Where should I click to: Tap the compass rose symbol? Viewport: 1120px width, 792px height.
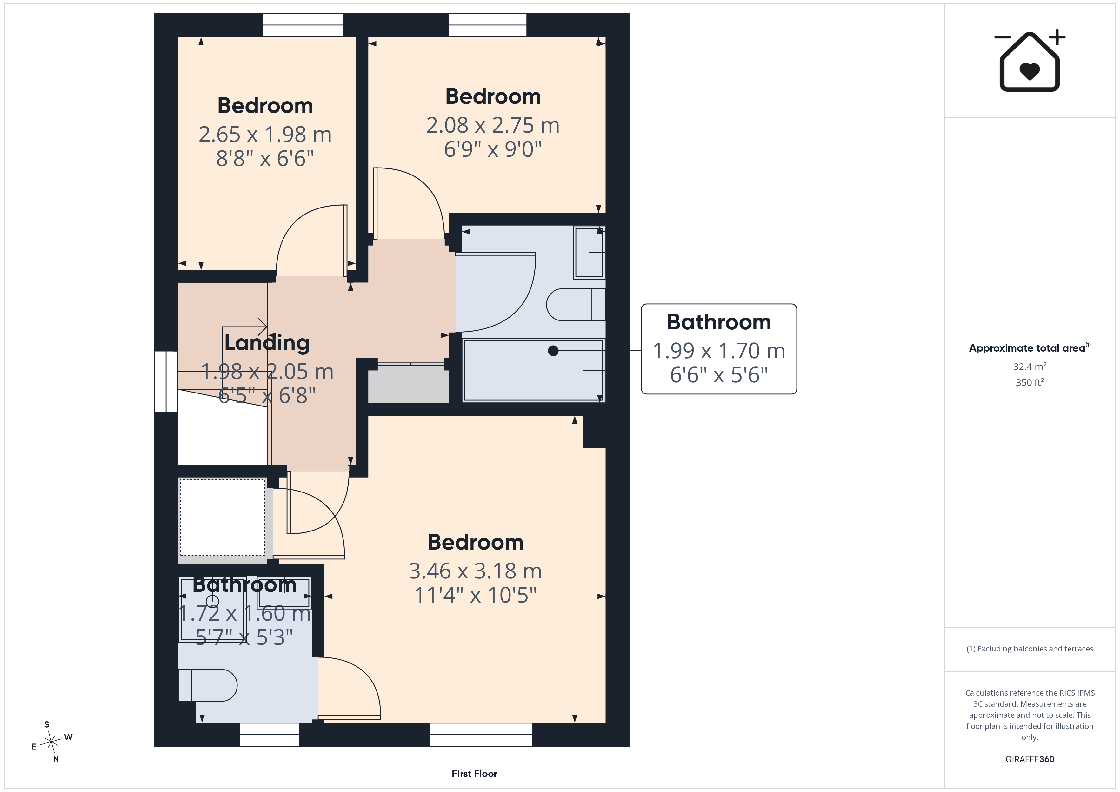[51, 742]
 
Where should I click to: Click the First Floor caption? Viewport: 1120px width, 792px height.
[474, 774]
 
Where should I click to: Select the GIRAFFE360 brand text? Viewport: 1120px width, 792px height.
[1030, 759]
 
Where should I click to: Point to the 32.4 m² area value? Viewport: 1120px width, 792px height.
[1030, 366]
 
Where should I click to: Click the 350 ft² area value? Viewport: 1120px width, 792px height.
[1030, 382]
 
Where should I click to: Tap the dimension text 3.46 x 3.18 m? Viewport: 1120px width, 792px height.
[475, 571]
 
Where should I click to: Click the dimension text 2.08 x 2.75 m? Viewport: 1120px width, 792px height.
[493, 125]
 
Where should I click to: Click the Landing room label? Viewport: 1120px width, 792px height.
[267, 343]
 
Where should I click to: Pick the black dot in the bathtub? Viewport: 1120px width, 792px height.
[553, 351]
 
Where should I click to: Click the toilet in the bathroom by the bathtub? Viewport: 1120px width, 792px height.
[576, 305]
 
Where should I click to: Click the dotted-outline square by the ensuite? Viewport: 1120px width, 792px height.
[223, 518]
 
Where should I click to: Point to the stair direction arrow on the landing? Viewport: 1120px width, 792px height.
[244, 326]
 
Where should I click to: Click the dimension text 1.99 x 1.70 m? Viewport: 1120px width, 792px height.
[719, 351]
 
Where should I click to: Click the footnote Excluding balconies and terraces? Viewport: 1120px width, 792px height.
[1030, 649]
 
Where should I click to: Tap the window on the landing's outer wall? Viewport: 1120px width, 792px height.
[166, 381]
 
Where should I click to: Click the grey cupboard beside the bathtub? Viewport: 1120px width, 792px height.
[408, 385]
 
